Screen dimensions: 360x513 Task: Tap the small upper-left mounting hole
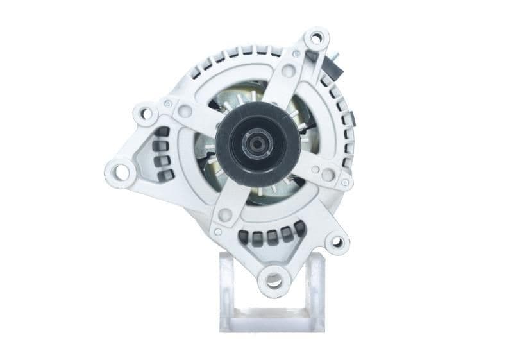coord(146,114)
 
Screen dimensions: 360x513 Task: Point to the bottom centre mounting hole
coord(274,279)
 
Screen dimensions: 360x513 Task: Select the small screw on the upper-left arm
coord(167,103)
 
